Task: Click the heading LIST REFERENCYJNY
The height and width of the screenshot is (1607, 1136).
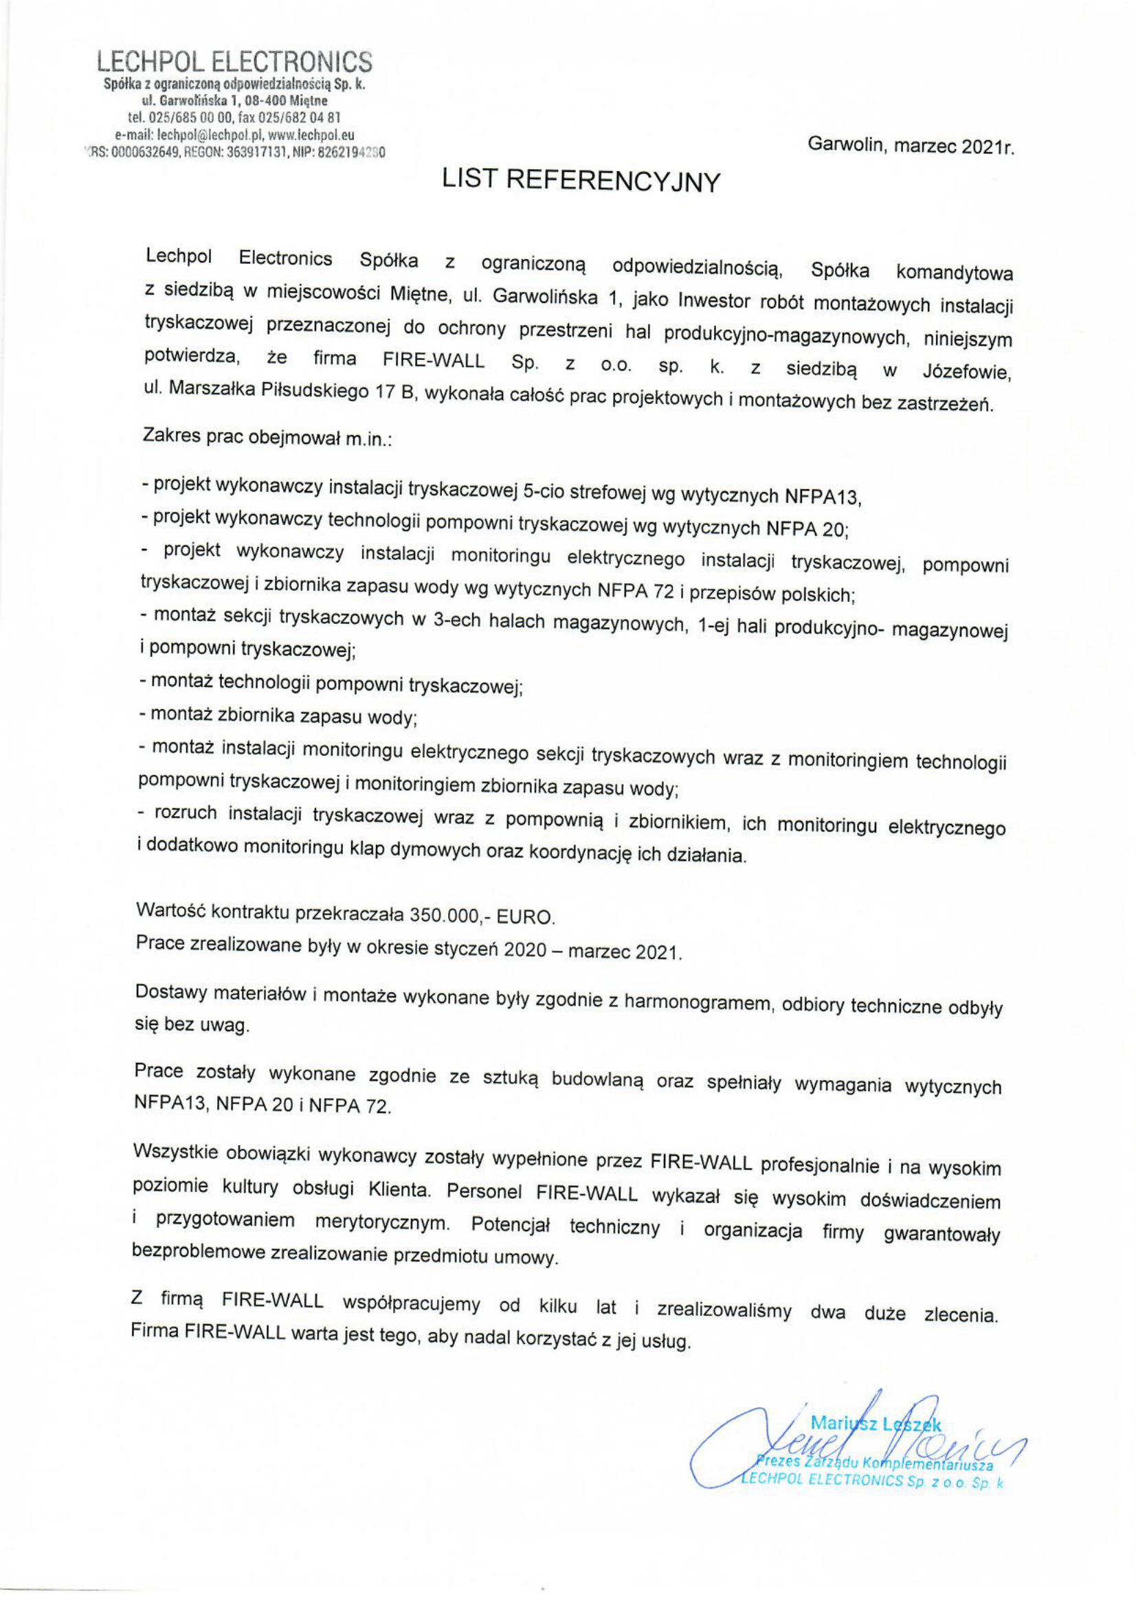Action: click(x=580, y=181)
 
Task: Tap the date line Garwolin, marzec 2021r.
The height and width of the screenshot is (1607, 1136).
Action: click(x=910, y=146)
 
